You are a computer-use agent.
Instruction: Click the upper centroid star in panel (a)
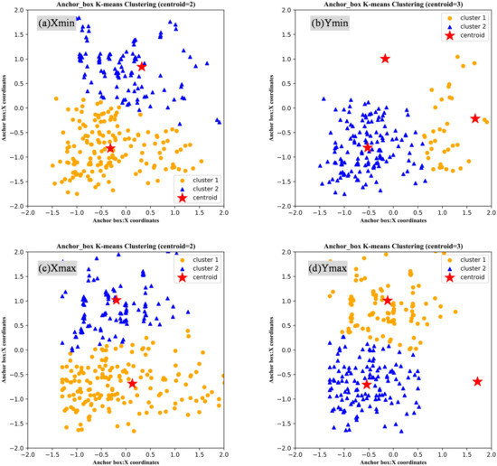pyautogui.click(x=142, y=66)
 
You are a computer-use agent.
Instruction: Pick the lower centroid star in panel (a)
pyautogui.click(x=110, y=148)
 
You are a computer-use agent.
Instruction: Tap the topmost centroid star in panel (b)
pyautogui.click(x=386, y=59)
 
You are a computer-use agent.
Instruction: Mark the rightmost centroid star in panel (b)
pyautogui.click(x=475, y=118)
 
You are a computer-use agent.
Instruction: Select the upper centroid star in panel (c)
pyautogui.click(x=116, y=299)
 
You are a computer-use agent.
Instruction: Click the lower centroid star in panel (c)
pyautogui.click(x=133, y=383)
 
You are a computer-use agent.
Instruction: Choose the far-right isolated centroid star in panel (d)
pyautogui.click(x=477, y=381)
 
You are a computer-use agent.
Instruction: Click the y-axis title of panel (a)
pyautogui.click(x=6, y=108)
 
